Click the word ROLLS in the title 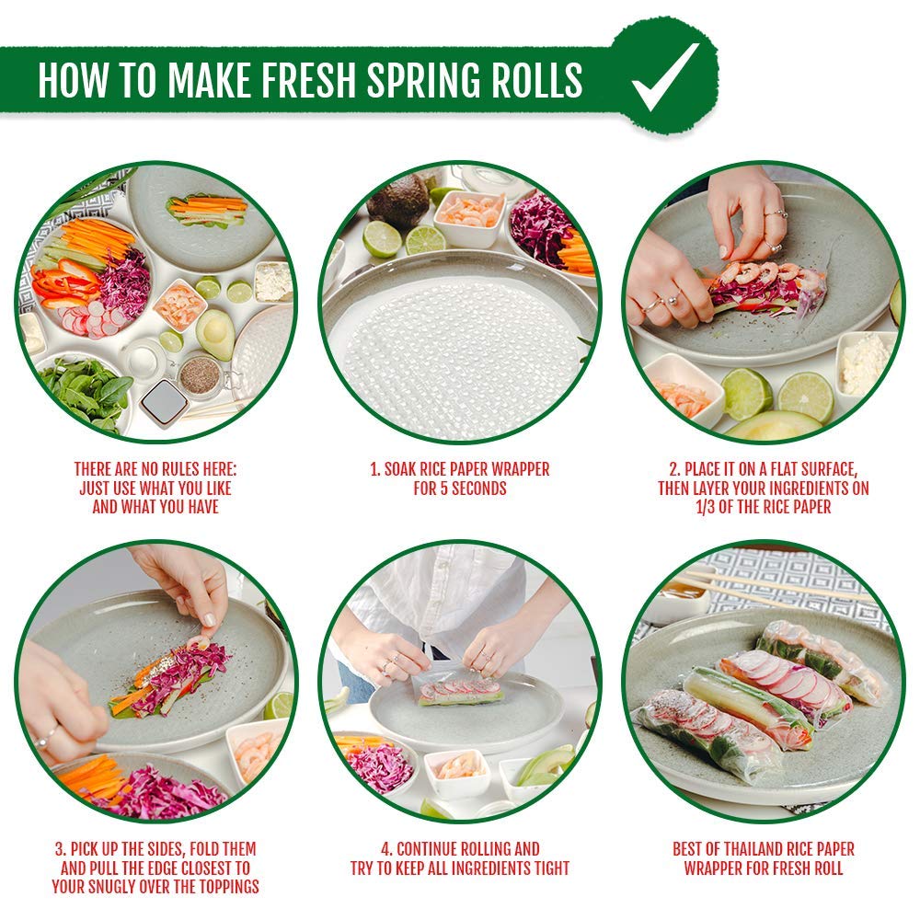tap(535, 79)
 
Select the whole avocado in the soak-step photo tap(398, 201)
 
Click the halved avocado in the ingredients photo tap(215, 334)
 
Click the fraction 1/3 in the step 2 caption tap(706, 507)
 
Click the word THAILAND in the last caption tap(752, 849)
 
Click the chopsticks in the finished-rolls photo tap(775, 588)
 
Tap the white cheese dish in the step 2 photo tap(864, 362)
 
